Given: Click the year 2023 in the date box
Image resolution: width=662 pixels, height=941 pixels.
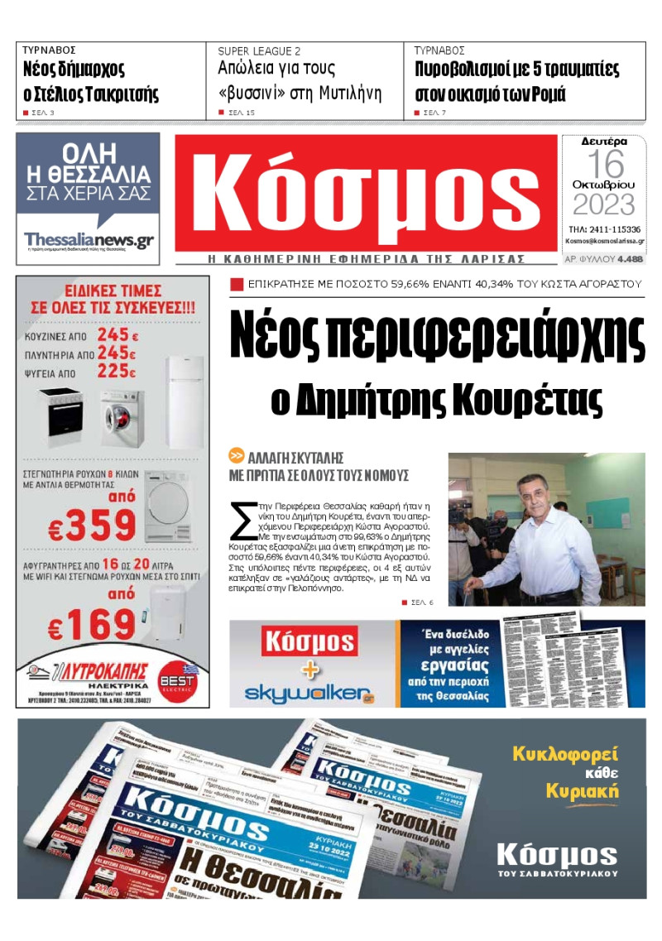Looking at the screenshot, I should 604,204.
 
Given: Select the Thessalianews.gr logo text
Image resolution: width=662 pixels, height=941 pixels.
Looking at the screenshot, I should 89,239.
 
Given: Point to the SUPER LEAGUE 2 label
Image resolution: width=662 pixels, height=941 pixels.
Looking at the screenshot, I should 259,50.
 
